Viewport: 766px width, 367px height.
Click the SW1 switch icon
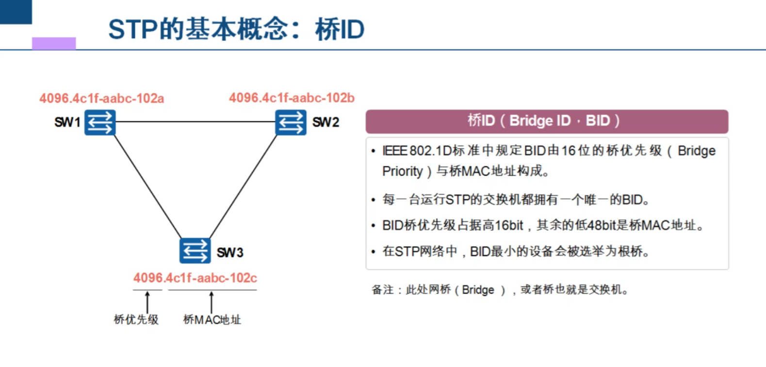100,122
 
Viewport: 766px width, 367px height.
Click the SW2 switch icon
291,122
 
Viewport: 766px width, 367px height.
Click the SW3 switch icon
195,250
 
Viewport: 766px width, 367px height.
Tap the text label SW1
67,122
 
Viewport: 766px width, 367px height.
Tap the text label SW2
326,122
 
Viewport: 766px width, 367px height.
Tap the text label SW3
230,252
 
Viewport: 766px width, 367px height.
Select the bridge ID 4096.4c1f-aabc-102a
102,99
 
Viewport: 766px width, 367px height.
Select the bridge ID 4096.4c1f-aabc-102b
292,98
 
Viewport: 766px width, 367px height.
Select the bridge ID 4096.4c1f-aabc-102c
195,278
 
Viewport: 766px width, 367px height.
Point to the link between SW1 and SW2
196,121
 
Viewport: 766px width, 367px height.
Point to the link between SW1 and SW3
147,186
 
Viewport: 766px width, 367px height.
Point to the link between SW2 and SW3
243,186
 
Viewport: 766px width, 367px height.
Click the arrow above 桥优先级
147,302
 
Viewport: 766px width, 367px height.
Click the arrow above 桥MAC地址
212,302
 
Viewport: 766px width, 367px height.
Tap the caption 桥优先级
136,320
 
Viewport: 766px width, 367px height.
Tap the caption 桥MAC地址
212,320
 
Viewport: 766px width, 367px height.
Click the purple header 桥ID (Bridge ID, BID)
547,121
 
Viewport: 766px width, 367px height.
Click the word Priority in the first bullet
403,171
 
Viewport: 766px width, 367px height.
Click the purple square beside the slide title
54,44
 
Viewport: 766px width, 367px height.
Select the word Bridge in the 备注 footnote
478,290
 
